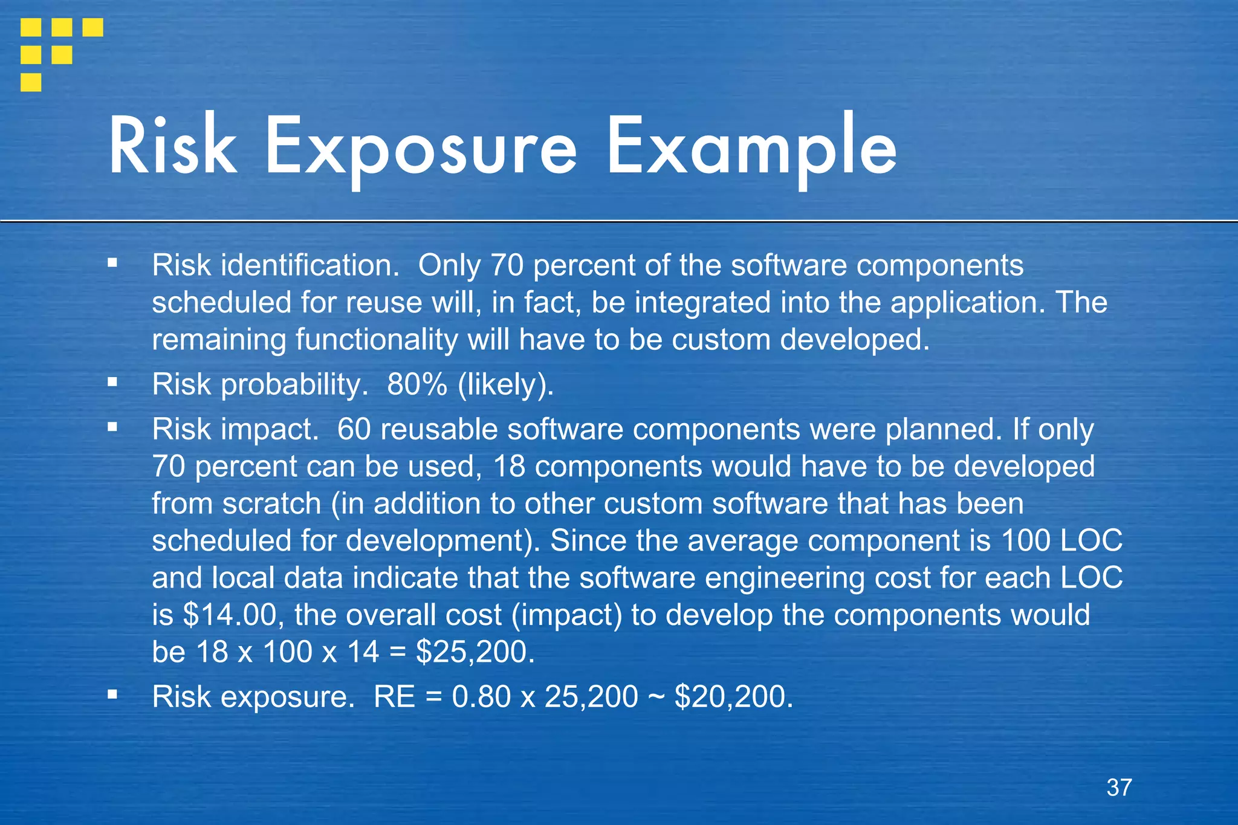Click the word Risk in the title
[173, 147]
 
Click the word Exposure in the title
[421, 148]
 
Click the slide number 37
[1119, 788]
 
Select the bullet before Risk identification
[112, 263]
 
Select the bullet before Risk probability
[112, 382]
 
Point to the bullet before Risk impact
[112, 427]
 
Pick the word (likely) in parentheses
[505, 385]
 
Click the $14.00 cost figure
[230, 615]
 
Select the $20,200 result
[733, 696]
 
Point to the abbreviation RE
[394, 696]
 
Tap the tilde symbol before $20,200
[656, 696]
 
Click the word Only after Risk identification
[449, 265]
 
